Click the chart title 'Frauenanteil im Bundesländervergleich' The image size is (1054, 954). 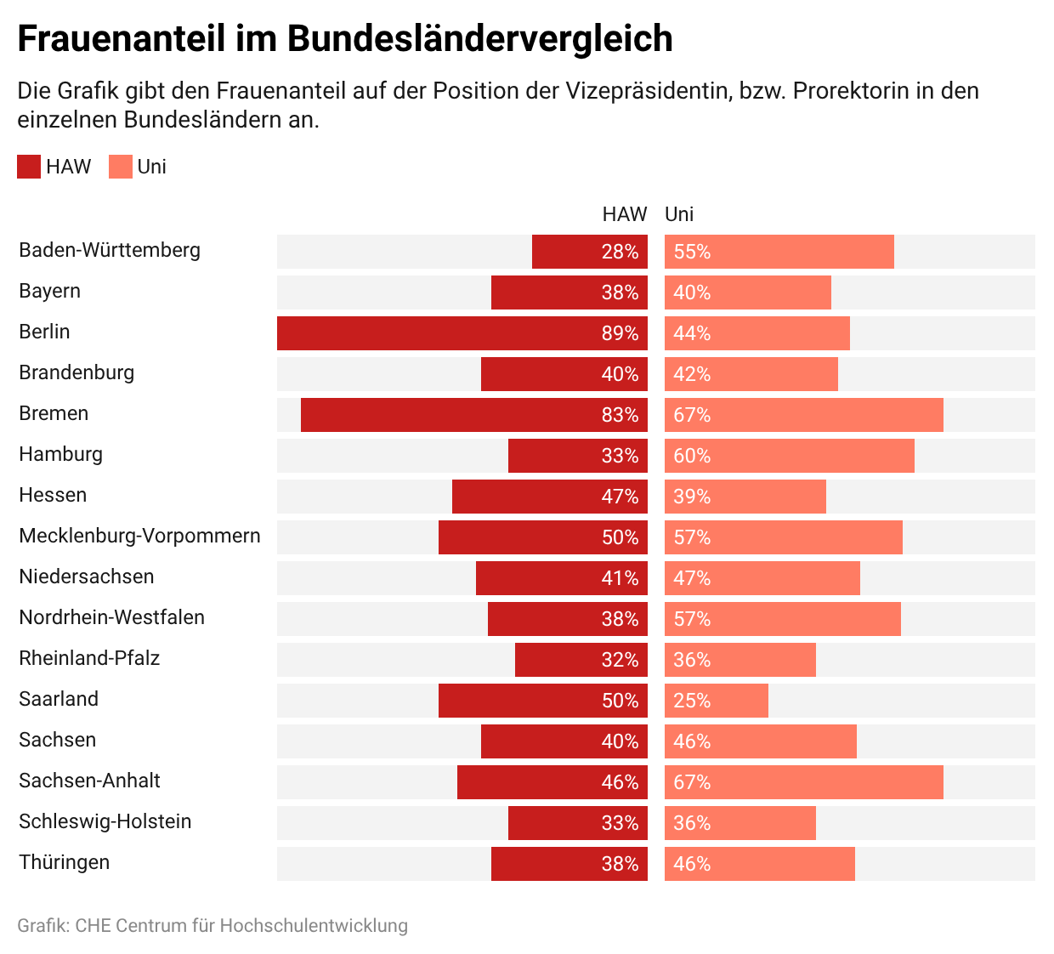(345, 39)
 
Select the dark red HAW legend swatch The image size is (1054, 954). (29, 167)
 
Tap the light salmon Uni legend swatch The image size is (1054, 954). (121, 167)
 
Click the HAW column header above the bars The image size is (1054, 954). (625, 214)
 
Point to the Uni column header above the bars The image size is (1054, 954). (679, 214)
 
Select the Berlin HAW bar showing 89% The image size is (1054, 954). (462, 333)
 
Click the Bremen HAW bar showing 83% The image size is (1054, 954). (474, 415)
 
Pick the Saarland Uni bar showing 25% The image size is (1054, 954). (717, 701)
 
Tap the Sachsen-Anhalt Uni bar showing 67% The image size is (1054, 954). (804, 782)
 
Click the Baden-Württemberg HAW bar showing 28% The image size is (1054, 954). (590, 252)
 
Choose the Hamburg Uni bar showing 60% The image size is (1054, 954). (790, 456)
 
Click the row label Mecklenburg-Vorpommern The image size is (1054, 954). (139, 536)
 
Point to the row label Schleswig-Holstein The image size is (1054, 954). (105, 821)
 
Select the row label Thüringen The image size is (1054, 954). (65, 862)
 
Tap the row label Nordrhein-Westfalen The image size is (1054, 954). (112, 617)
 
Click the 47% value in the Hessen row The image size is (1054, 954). (620, 497)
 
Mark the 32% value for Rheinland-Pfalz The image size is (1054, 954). (620, 660)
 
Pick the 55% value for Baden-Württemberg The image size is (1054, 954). (692, 252)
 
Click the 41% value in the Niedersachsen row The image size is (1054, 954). (620, 578)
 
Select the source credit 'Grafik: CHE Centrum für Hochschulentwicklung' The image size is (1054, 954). (212, 925)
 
